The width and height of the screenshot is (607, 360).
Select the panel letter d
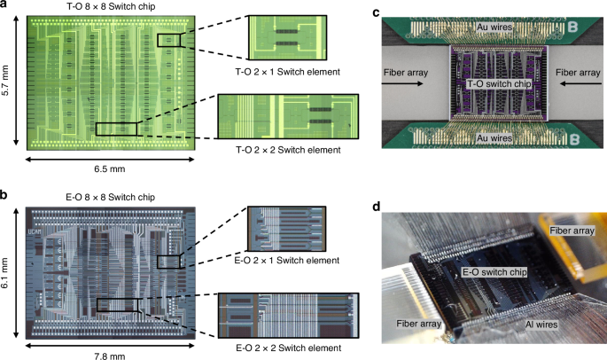pos(377,206)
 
